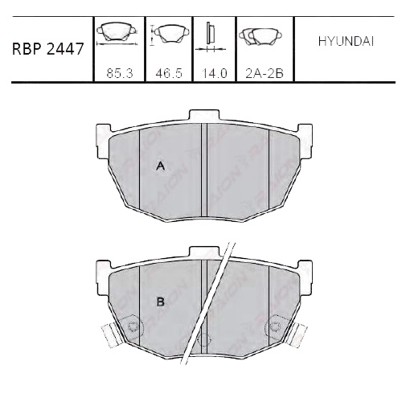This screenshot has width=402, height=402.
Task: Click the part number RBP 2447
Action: tap(47, 49)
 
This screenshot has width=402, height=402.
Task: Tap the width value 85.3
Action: tap(119, 72)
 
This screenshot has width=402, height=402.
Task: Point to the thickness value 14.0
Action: tap(215, 72)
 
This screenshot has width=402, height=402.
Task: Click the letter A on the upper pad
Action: tap(160, 166)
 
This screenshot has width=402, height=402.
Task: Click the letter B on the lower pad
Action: tap(160, 301)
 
